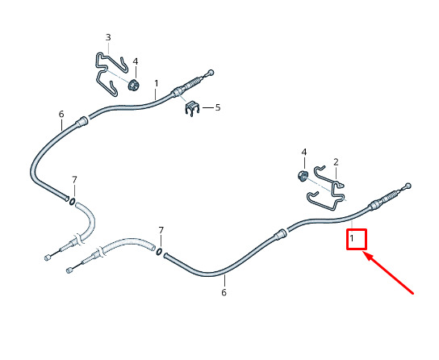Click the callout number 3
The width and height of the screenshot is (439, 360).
click(x=108, y=37)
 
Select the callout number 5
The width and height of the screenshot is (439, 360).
click(x=218, y=107)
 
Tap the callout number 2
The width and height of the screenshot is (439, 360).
click(x=336, y=162)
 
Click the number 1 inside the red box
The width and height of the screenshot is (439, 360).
click(x=352, y=239)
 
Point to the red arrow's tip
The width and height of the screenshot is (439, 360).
click(x=363, y=252)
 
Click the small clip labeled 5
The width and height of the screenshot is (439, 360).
click(x=192, y=109)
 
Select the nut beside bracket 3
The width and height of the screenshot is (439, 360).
click(x=134, y=85)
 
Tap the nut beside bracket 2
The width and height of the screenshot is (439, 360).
click(x=303, y=175)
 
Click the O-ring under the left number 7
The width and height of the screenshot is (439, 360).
click(x=72, y=201)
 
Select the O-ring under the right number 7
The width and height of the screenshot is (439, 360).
click(x=159, y=251)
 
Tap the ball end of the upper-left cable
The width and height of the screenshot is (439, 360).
click(x=211, y=72)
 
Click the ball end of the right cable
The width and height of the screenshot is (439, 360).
click(x=408, y=186)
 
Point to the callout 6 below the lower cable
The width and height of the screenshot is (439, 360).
click(x=224, y=292)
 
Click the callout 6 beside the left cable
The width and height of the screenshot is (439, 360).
click(x=61, y=114)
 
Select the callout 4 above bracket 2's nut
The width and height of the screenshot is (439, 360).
click(x=303, y=153)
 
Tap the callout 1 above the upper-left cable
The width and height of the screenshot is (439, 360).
click(x=157, y=83)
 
